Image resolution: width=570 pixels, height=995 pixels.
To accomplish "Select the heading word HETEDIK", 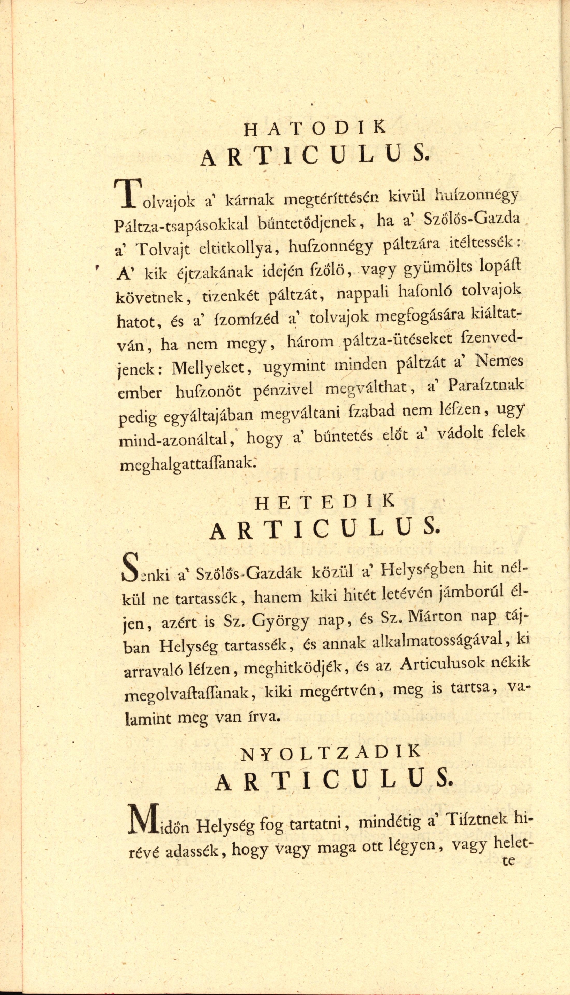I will (x=324, y=503).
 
